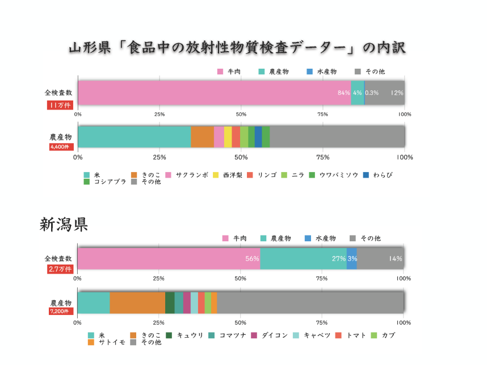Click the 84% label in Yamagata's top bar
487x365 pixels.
click(x=343, y=93)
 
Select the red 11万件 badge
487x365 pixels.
click(x=60, y=105)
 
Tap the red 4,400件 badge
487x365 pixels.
click(x=60, y=147)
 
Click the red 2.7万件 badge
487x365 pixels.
click(x=60, y=269)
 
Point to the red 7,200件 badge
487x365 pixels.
click(x=60, y=312)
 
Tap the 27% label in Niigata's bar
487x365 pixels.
click(x=339, y=259)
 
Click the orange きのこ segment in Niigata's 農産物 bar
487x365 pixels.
click(x=137, y=303)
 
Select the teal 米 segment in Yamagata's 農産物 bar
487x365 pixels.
click(x=134, y=137)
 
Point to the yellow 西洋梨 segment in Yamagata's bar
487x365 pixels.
click(x=228, y=137)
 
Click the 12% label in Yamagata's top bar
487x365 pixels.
click(x=397, y=93)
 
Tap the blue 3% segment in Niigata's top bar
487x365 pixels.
click(x=351, y=259)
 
